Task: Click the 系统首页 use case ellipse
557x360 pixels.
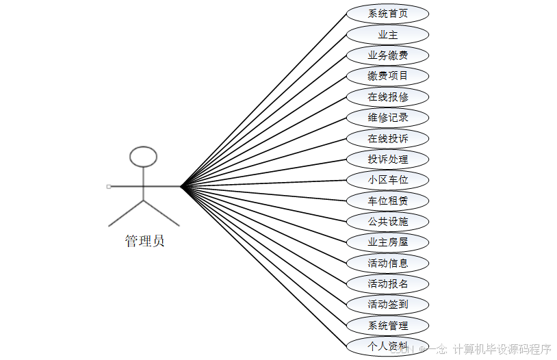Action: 387,14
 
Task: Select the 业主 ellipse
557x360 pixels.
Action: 387,34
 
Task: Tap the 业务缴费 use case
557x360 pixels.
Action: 387,55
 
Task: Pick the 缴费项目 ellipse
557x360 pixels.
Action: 387,76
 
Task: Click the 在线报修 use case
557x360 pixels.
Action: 387,97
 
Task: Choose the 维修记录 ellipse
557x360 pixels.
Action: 387,118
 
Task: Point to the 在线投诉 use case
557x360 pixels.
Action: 387,138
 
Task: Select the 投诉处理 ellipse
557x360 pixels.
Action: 387,159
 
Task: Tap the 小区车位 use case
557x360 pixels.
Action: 387,180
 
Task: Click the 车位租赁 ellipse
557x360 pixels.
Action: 387,201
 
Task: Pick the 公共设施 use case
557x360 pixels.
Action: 387,222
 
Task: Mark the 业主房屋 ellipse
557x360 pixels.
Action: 387,242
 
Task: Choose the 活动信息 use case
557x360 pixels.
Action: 387,263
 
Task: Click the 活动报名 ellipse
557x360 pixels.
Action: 387,283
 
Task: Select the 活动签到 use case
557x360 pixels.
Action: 387,305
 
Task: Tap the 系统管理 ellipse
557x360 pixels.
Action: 387,325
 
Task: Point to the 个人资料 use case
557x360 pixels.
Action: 387,346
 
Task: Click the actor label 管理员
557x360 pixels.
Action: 144,241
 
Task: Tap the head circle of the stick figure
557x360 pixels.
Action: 144,157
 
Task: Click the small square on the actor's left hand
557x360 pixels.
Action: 109,186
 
